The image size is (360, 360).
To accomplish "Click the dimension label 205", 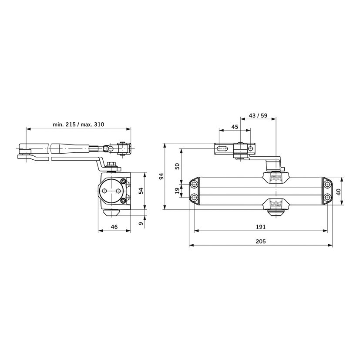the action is tap(261, 241).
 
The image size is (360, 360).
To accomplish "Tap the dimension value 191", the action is tap(261, 227).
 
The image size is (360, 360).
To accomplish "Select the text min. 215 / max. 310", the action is tap(78, 124).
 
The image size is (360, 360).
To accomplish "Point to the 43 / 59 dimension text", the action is tap(258, 115).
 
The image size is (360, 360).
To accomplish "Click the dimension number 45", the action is tap(235, 127).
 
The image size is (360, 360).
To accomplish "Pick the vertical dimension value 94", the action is tap(161, 176).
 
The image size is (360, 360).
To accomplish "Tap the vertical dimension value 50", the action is tap(177, 166).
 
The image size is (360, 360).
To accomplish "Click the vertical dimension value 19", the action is tap(177, 191).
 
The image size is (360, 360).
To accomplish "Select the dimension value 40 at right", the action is tap(339, 192).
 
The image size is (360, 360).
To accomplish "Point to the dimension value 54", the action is tap(141, 191).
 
